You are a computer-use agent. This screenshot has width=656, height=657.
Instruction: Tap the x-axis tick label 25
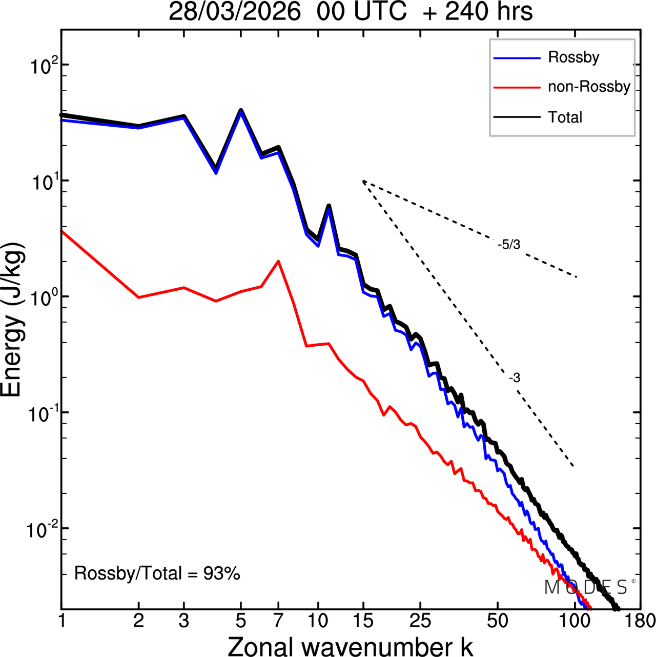(420, 621)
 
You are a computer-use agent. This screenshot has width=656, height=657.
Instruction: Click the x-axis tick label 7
(278, 621)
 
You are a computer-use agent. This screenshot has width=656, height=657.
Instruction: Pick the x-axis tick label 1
(62, 621)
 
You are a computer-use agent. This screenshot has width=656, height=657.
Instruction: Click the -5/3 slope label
(508, 245)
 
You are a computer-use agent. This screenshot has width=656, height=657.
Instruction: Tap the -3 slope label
(515, 378)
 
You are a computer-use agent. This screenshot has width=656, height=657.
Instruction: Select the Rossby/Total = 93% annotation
(157, 573)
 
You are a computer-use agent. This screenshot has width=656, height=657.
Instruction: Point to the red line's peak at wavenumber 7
(278, 261)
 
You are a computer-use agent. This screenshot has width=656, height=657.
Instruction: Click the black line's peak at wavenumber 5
(241, 110)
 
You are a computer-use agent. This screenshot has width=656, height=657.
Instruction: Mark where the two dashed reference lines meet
(363, 181)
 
